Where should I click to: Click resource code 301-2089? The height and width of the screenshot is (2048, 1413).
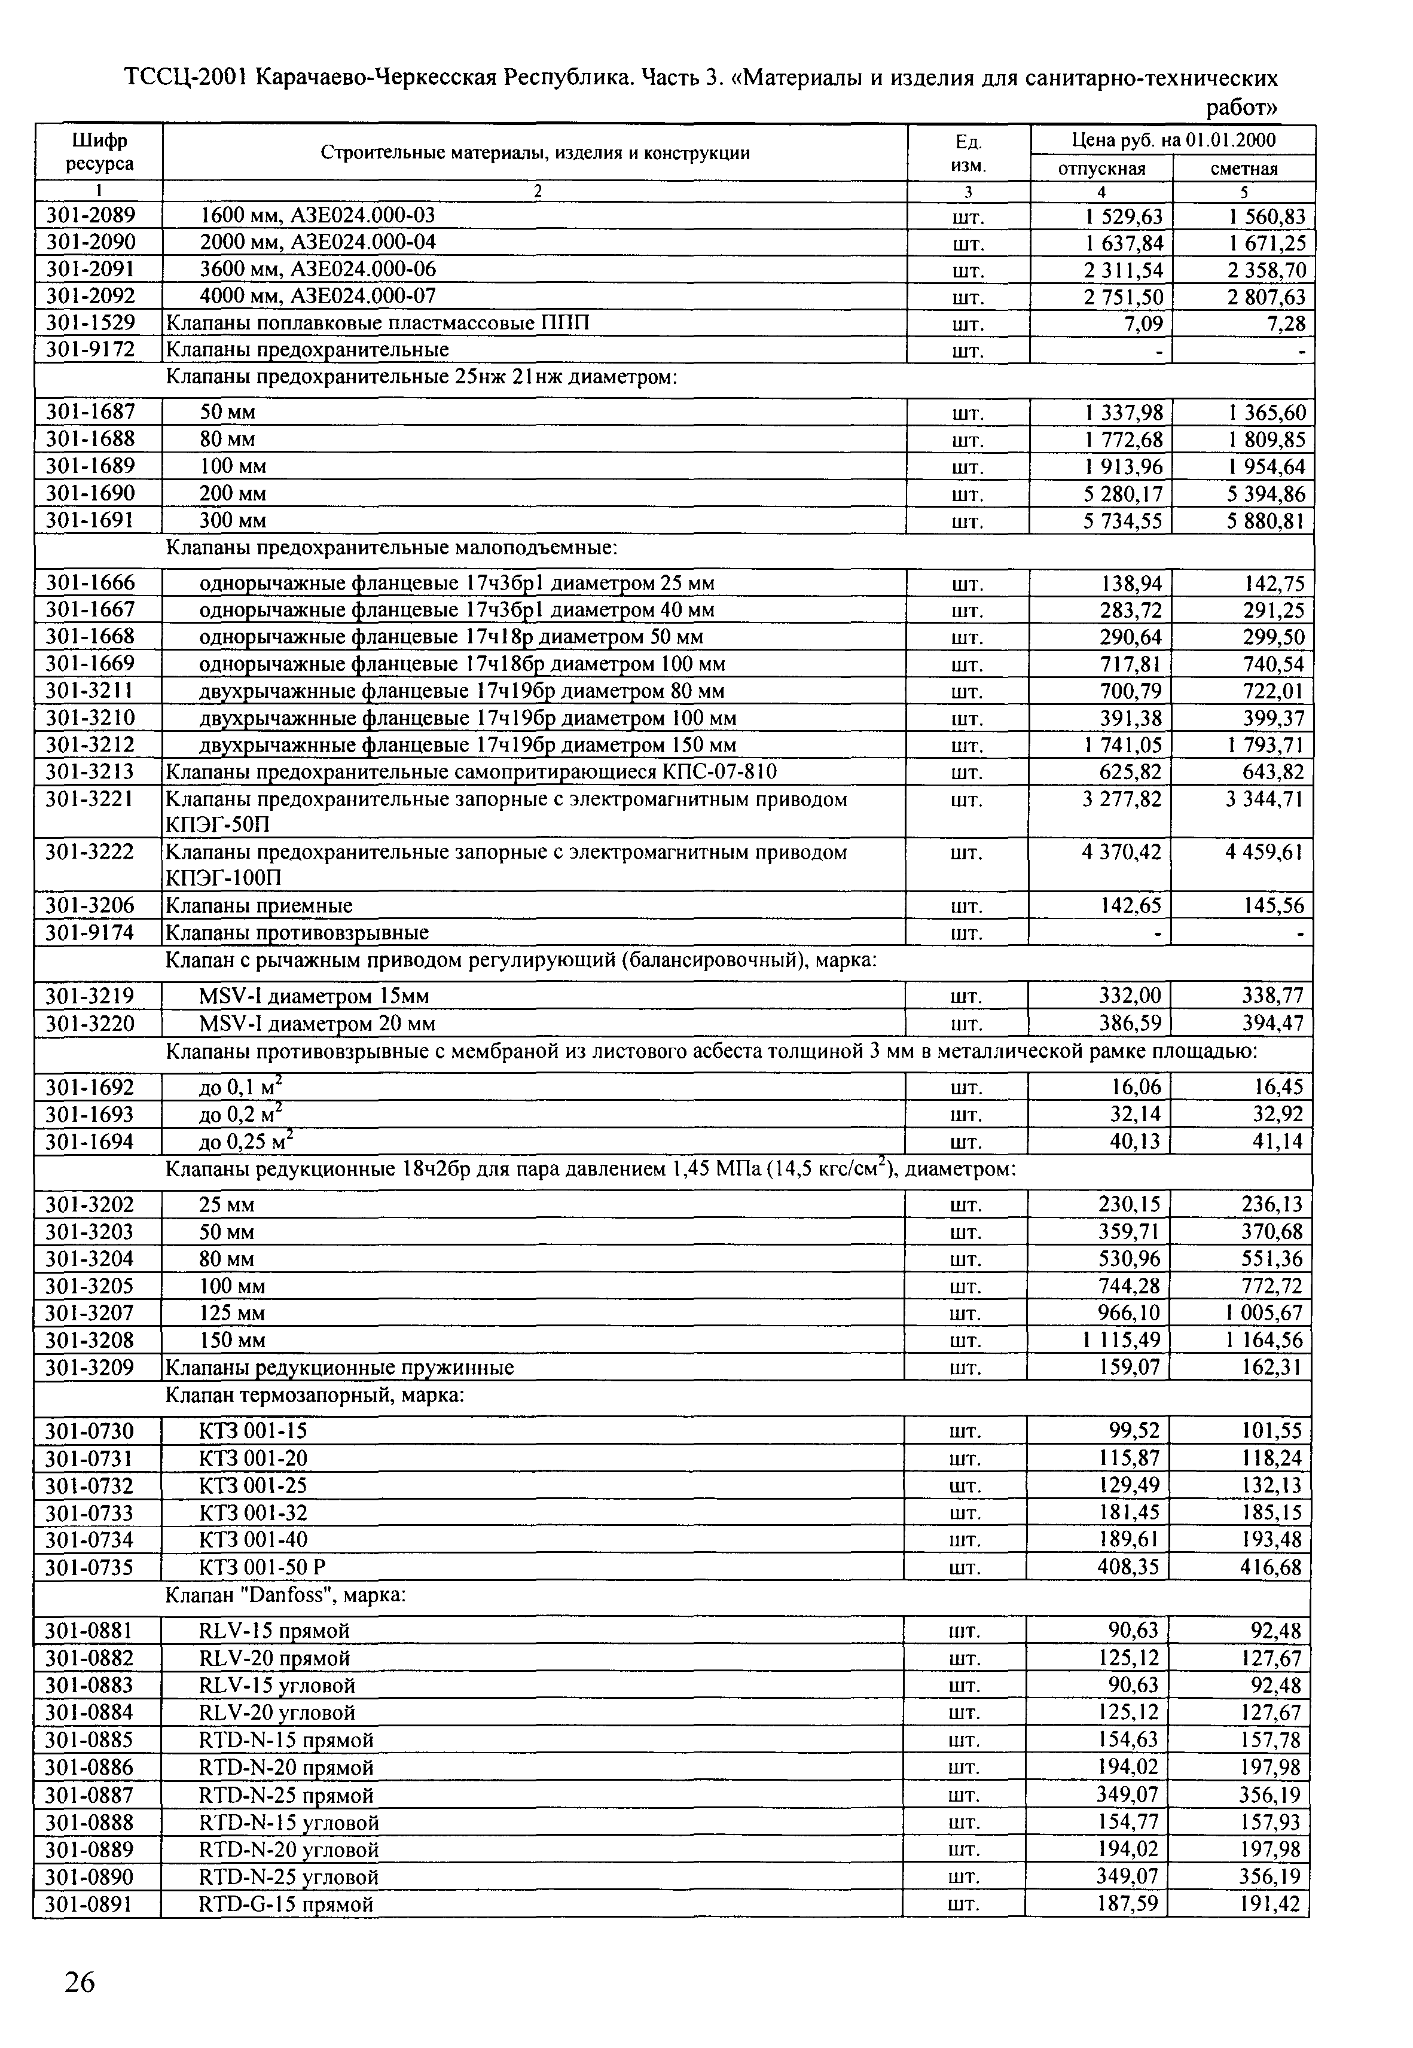(90, 216)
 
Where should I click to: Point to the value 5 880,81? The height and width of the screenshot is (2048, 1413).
(1265, 520)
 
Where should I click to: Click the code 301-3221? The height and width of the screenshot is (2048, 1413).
(90, 799)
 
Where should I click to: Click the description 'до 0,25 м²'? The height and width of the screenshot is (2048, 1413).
(246, 1141)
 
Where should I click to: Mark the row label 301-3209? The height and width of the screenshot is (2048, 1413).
(90, 1368)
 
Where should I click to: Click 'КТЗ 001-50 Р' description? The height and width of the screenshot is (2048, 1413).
(263, 1567)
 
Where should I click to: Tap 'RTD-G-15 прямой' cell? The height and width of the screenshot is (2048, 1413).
(286, 1904)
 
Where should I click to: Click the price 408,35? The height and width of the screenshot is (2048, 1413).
(1129, 1567)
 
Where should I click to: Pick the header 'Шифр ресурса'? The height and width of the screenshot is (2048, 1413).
(99, 152)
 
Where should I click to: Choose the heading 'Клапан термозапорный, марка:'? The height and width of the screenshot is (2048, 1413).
(315, 1396)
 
